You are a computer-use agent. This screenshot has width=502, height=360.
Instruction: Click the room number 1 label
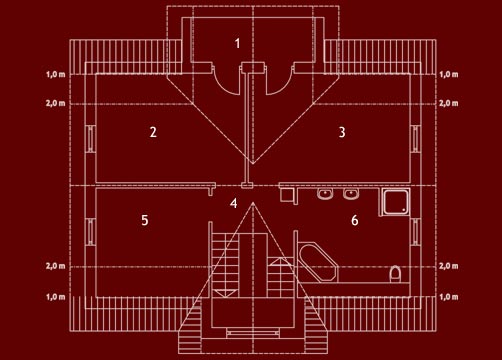[x=238, y=43]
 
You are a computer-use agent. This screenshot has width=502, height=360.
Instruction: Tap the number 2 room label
[x=153, y=132]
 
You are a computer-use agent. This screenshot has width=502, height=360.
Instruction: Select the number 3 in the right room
[x=342, y=132]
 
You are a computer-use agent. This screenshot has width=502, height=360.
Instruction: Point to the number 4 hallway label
[x=234, y=203]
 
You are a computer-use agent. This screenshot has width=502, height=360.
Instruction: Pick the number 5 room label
[x=145, y=219]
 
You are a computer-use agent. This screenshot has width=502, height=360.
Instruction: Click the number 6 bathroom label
[x=354, y=220]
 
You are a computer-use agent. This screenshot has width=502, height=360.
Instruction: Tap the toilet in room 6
[x=396, y=273]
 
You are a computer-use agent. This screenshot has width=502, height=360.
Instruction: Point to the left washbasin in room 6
[x=324, y=195]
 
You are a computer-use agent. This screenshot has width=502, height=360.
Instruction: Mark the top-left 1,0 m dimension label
[x=55, y=75]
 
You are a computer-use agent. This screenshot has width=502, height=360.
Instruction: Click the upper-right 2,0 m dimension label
[x=447, y=103]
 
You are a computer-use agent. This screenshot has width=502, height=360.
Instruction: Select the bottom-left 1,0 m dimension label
[x=55, y=297]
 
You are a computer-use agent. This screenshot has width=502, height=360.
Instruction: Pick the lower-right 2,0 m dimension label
[x=447, y=267]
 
